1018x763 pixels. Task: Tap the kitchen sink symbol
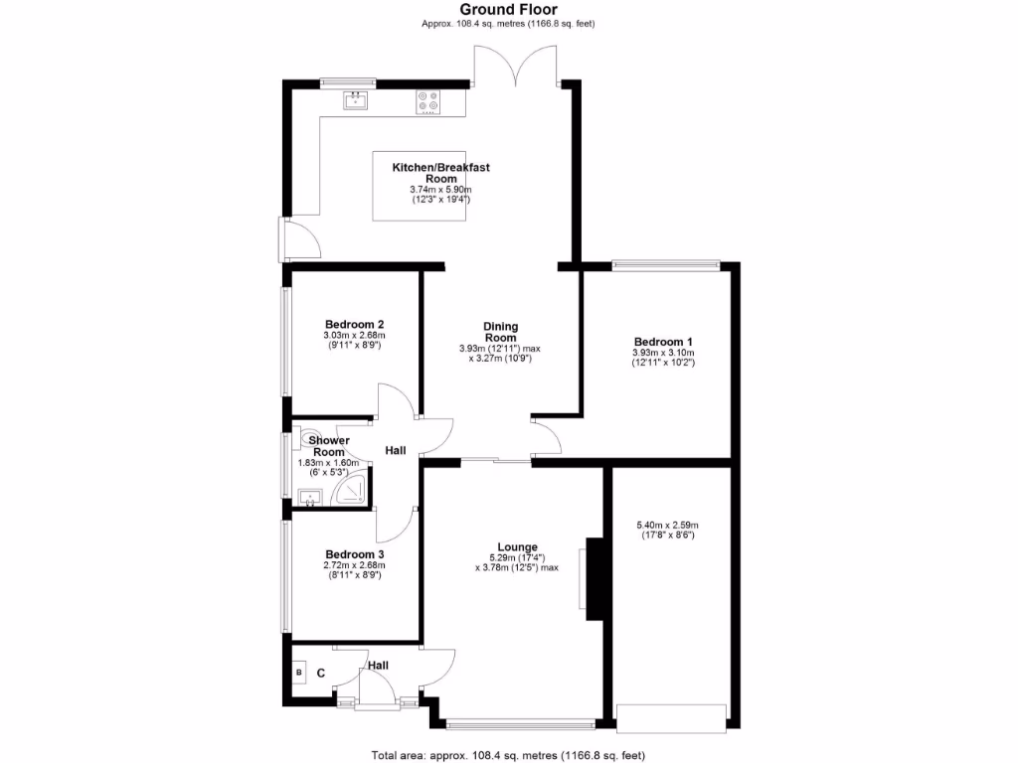point(356,99)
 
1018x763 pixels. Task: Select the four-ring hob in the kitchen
point(429,101)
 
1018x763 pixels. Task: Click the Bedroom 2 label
point(354,324)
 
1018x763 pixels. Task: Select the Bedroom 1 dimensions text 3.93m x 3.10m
point(663,353)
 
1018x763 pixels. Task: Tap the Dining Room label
point(500,332)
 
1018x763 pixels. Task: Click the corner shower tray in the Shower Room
point(352,492)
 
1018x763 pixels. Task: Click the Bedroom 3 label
point(354,554)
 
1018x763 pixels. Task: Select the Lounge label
point(518,546)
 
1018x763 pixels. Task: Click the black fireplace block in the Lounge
point(595,578)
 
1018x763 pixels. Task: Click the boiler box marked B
point(298,674)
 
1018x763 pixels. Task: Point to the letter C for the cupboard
point(320,674)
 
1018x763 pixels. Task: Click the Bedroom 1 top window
point(665,264)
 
